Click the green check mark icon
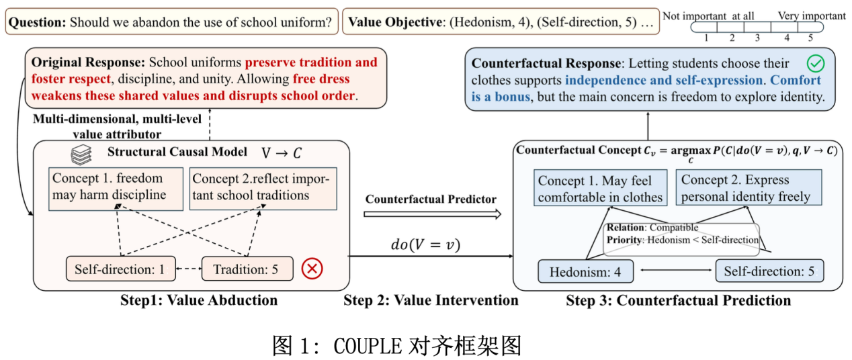point(815,64)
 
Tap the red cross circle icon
point(312,269)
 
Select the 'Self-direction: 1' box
point(120,269)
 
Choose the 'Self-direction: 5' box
point(769,272)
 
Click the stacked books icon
point(81,154)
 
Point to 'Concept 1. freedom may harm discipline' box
point(116,187)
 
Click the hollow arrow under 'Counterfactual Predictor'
point(431,214)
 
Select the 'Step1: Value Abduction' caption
point(199,300)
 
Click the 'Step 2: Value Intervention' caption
point(431,300)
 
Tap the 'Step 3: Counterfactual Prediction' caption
point(678,300)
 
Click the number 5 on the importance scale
point(810,38)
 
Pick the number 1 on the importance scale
point(706,38)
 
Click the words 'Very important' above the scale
point(812,15)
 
